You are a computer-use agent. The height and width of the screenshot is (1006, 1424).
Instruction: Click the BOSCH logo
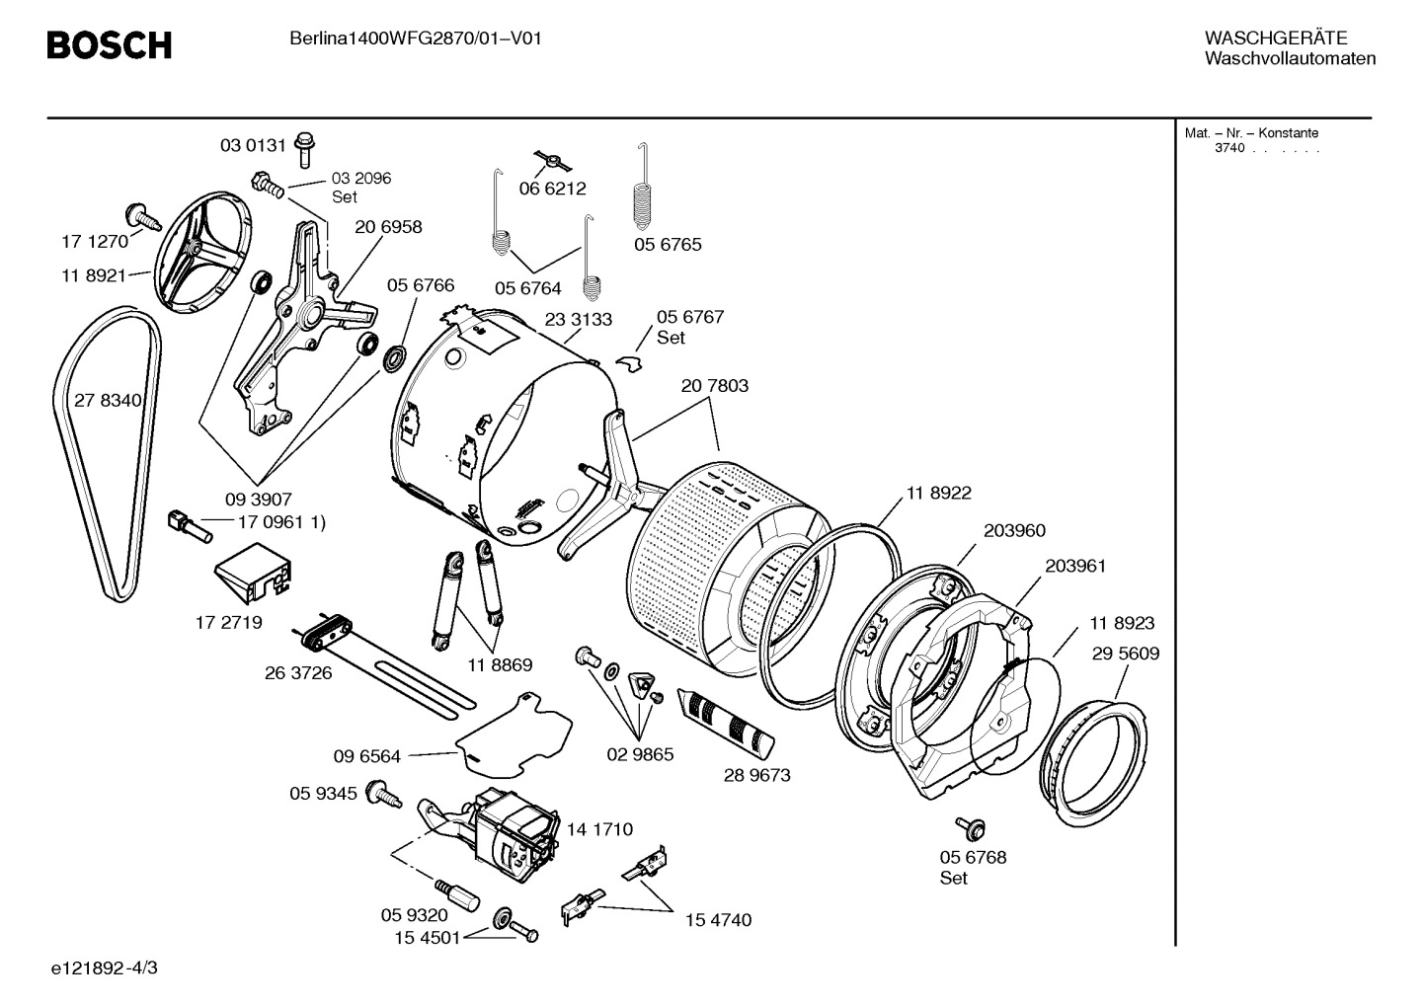click(x=109, y=45)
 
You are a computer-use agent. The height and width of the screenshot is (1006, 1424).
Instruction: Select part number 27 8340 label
click(x=108, y=401)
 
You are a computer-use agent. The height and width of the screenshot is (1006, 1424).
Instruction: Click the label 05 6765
click(x=668, y=245)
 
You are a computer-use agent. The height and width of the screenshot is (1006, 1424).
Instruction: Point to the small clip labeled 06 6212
click(x=554, y=160)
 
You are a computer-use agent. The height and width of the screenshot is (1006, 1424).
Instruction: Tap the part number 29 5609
click(x=1125, y=654)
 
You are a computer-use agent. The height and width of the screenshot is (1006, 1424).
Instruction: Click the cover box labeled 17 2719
click(x=254, y=573)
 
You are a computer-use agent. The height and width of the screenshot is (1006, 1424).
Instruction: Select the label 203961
click(x=1074, y=567)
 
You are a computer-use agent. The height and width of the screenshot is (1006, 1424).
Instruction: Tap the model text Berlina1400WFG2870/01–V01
click(x=415, y=39)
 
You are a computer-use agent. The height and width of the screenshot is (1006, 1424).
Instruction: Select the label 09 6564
click(x=366, y=757)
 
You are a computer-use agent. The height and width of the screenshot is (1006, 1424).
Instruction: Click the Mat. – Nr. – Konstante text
click(x=1251, y=133)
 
